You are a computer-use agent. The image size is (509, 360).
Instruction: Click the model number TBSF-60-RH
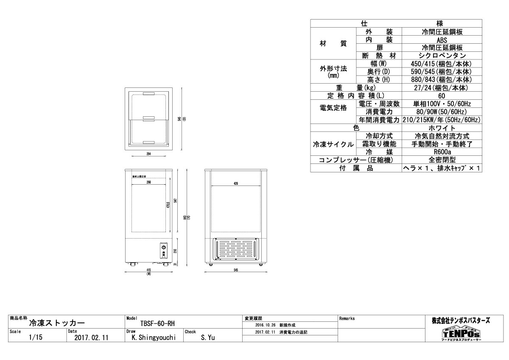157,323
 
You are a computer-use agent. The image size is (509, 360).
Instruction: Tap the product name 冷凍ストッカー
56,323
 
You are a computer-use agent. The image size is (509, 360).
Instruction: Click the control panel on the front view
164,251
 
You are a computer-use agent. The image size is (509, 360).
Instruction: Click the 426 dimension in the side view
236,183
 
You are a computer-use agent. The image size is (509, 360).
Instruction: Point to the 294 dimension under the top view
149,154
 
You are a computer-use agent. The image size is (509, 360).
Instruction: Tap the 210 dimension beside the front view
174,250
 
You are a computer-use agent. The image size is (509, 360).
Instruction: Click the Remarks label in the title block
347,318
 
